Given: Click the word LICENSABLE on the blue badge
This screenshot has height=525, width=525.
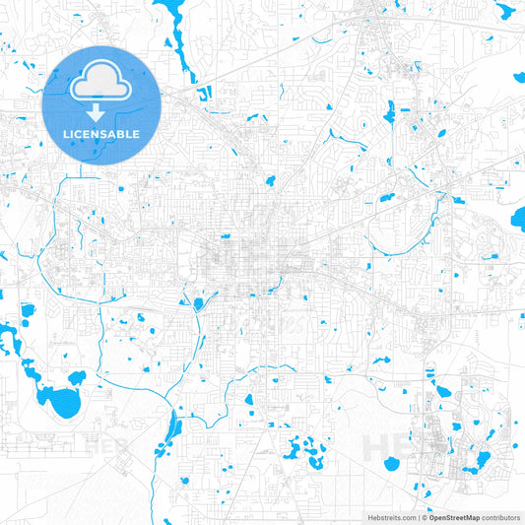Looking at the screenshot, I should pos(101,133).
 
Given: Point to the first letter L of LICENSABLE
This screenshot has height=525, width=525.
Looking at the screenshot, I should pos(66,133).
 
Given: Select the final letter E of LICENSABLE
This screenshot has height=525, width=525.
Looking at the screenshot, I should pos(137,133).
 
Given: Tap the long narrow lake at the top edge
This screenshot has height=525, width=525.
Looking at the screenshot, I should pos(182,39).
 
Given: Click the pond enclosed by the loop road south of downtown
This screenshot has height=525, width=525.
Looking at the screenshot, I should pos(198,303).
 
